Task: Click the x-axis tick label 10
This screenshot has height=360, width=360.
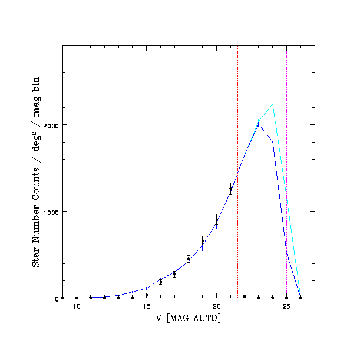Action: pyautogui.click(x=77, y=306)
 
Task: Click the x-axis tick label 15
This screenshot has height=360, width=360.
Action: pyautogui.click(x=146, y=306)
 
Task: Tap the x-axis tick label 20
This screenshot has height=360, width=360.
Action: pyautogui.click(x=216, y=306)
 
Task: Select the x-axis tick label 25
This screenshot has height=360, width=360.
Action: pyautogui.click(x=286, y=306)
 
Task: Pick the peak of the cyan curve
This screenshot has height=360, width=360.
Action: pyautogui.click(x=272, y=104)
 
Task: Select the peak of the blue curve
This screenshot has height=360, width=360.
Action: pyautogui.click(x=259, y=124)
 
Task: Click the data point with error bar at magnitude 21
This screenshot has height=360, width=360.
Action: pyautogui.click(x=230, y=189)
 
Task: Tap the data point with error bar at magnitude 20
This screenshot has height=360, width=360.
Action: pyautogui.click(x=216, y=220)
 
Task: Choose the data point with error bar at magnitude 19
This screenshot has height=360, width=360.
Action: pyautogui.click(x=203, y=241)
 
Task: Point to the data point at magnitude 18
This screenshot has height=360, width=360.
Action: pyautogui.click(x=189, y=259)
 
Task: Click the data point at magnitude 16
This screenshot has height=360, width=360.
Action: pyautogui.click(x=160, y=282)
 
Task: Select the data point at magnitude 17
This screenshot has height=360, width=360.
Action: pyautogui.click(x=174, y=274)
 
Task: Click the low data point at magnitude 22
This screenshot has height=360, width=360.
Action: pyautogui.click(x=245, y=296)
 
